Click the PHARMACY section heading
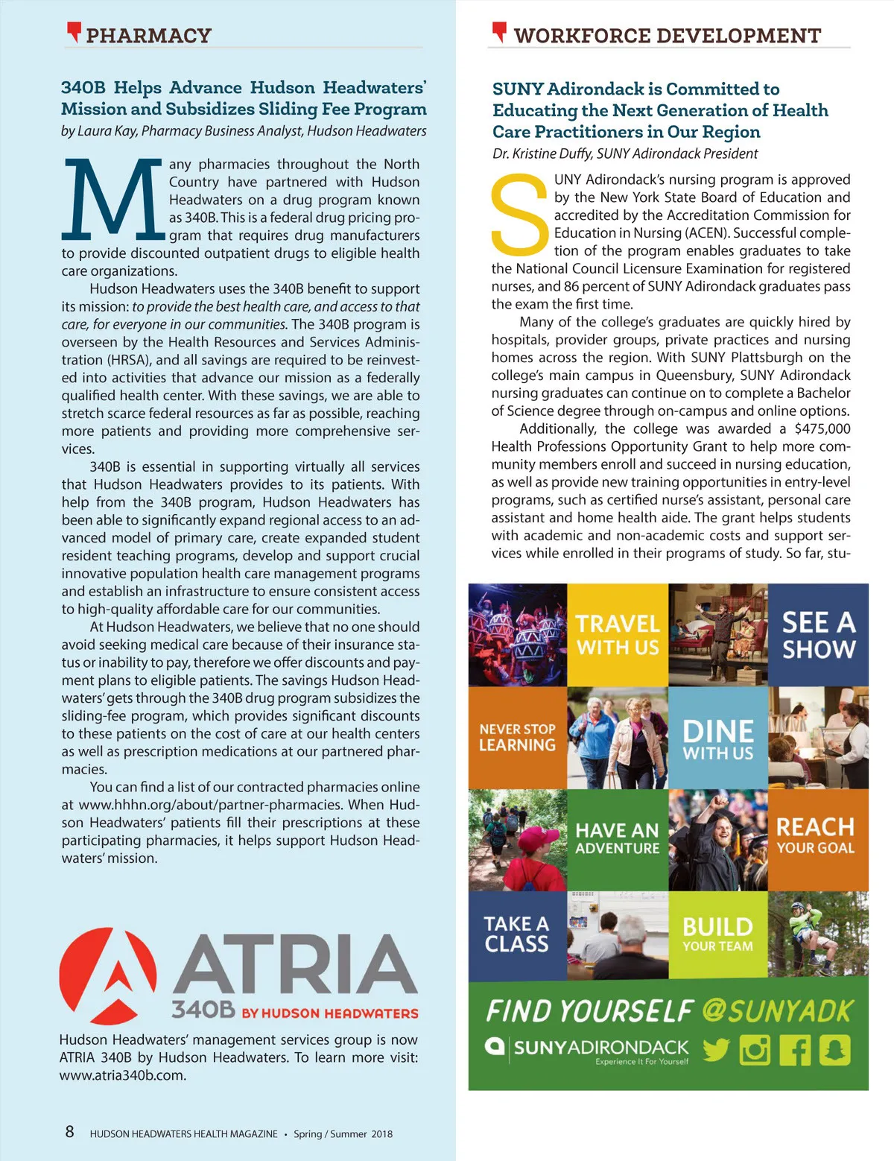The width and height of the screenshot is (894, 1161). (148, 35)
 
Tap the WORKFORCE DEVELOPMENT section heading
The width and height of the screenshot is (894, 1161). (667, 35)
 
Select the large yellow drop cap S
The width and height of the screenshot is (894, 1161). (519, 214)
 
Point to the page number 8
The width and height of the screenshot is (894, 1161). (69, 1132)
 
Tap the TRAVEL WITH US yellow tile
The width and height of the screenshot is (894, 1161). (618, 634)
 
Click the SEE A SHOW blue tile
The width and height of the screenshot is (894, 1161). (818, 634)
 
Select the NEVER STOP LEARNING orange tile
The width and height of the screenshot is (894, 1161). (517, 737)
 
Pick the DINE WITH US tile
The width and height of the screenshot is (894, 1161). (718, 737)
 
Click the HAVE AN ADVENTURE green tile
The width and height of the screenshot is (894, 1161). (618, 839)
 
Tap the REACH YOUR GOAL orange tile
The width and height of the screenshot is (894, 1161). (818, 839)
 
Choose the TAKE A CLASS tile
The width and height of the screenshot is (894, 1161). (517, 934)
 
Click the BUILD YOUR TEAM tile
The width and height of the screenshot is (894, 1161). (718, 934)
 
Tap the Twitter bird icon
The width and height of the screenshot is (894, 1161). (716, 1050)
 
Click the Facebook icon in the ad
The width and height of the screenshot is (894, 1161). (795, 1050)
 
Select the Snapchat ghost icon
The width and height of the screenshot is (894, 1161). (834, 1050)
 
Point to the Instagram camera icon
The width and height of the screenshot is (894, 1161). (755, 1050)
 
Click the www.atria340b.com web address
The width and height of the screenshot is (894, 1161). (123, 1075)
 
